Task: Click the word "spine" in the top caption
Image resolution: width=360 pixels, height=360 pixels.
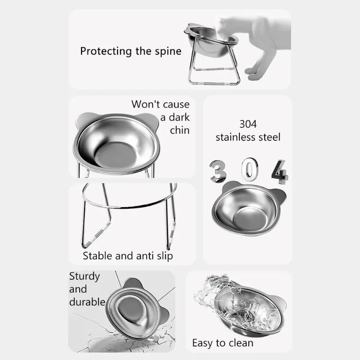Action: pos(167,51)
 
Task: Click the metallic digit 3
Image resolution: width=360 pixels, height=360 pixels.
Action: pos(218,172)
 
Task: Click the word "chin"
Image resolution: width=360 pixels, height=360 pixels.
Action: pos(180,130)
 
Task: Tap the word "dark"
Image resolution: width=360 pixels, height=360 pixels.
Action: pos(179,117)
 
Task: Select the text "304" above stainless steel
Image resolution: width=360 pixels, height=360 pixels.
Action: pos(248,124)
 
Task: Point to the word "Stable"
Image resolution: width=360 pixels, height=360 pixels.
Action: pos(98,256)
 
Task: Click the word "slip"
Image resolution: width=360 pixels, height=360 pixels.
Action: pos(163,256)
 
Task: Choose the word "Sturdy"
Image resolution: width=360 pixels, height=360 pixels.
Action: pos(84,276)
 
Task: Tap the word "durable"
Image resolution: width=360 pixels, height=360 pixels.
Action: pos(87,302)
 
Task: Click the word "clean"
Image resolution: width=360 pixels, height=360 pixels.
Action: pos(239,343)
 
